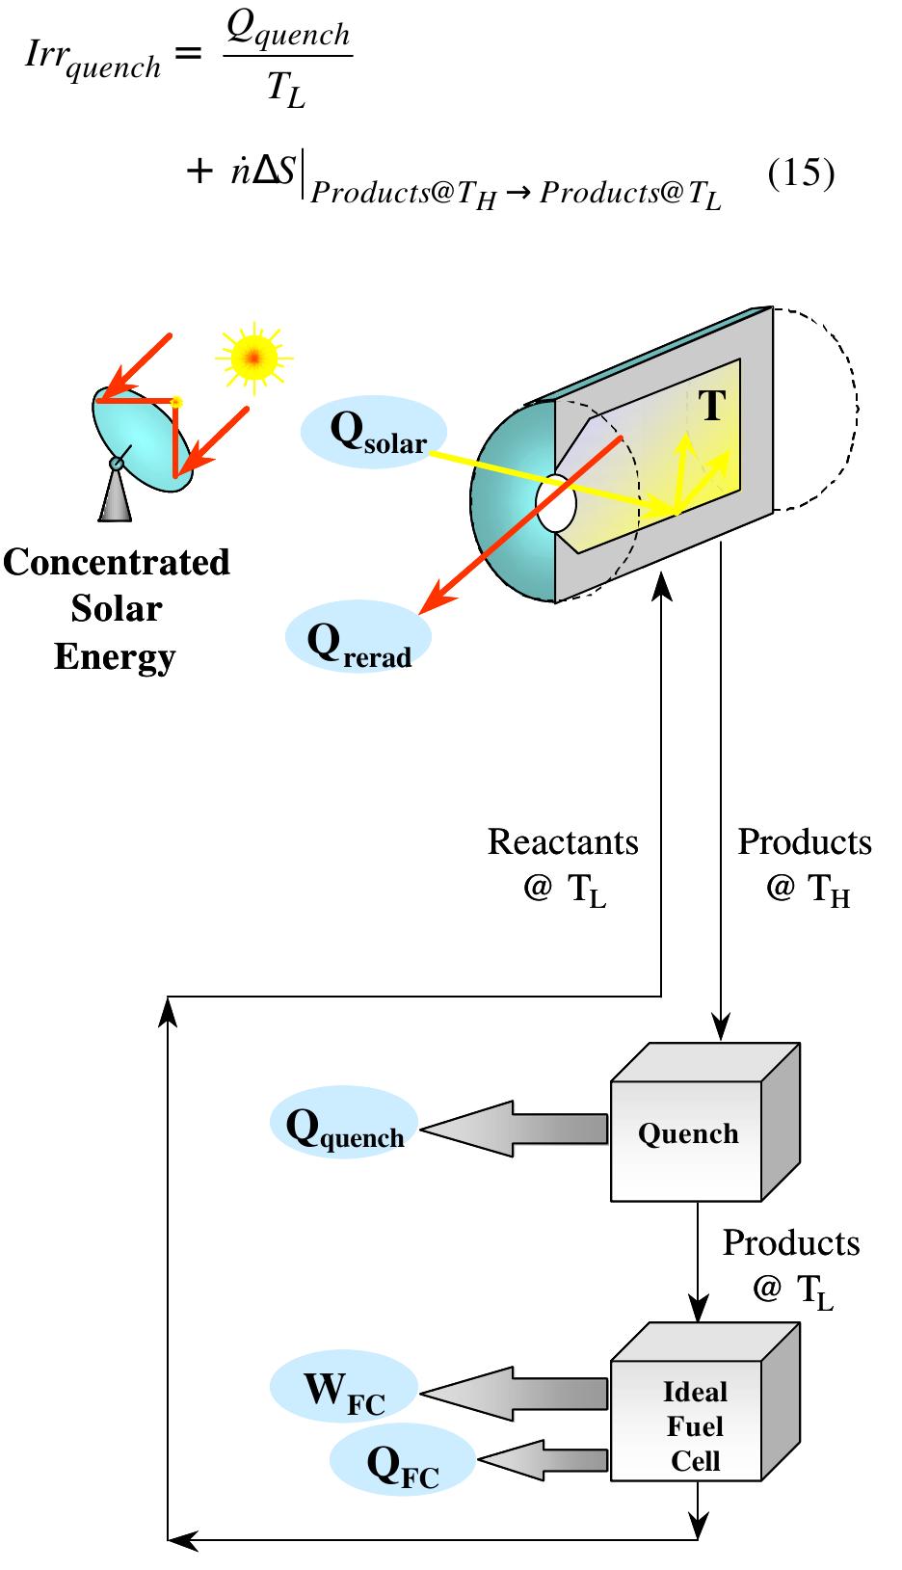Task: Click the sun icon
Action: point(253,359)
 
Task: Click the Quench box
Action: point(687,1133)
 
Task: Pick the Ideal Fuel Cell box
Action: point(694,1425)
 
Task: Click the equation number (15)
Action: point(800,173)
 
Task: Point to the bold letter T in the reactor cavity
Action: point(711,405)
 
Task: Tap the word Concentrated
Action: point(116,563)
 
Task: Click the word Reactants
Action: point(563,842)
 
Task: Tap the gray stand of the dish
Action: point(116,496)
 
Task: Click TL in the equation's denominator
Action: point(286,92)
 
